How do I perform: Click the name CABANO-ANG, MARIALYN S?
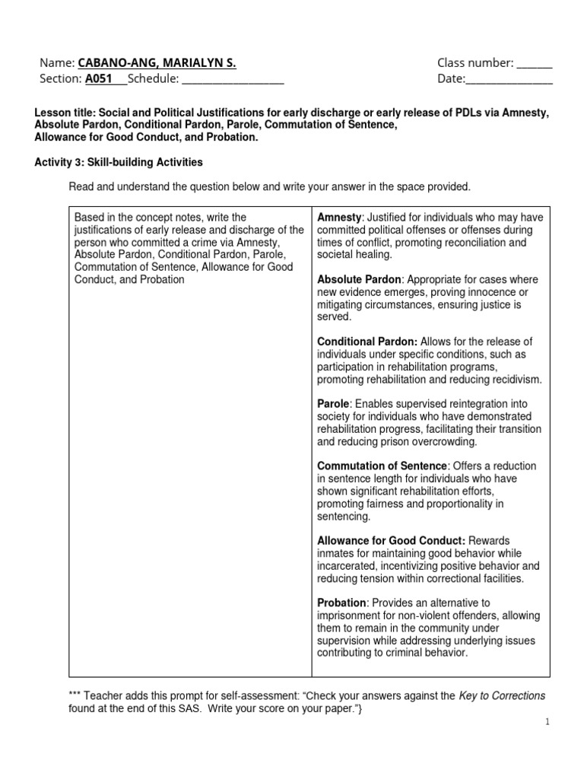point(157,63)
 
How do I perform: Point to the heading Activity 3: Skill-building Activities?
point(119,163)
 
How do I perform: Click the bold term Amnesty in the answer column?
point(338,218)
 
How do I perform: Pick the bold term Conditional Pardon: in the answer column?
point(367,342)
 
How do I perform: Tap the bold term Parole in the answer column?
point(333,404)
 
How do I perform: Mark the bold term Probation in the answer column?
point(341,603)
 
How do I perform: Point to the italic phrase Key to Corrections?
point(502,695)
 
